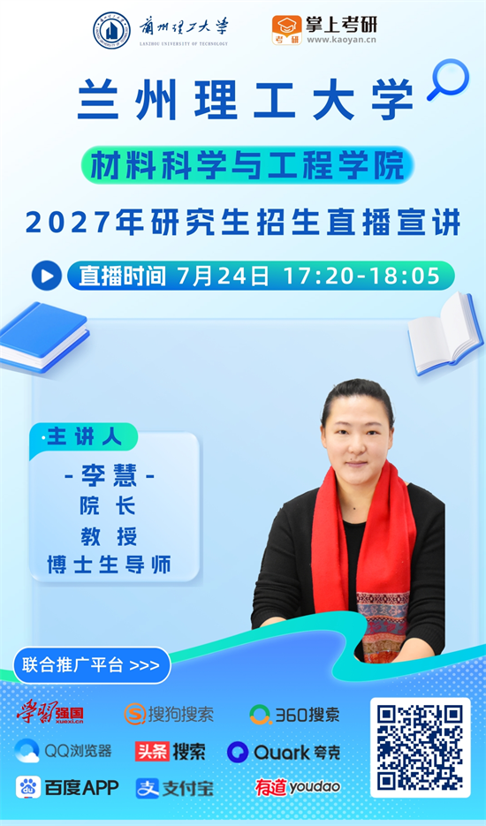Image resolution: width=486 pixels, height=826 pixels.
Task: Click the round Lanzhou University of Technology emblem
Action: coord(111,30)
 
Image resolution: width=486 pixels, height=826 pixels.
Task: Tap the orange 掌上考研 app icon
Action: coord(287,31)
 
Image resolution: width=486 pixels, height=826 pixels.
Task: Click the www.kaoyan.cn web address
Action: coord(342,40)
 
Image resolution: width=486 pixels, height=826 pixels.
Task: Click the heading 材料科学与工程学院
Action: coord(247,164)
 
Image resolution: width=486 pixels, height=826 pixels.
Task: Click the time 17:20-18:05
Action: coord(361,276)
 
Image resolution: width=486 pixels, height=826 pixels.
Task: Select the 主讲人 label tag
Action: coord(84,436)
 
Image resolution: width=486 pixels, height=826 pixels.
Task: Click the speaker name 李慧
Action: coord(109,476)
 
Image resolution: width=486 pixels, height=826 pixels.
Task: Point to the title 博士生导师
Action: coord(109,565)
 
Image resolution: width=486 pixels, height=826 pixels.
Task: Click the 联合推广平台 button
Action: coord(92,665)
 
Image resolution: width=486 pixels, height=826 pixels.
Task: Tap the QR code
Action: coord(420,747)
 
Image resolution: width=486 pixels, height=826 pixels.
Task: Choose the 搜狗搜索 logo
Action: coord(169,715)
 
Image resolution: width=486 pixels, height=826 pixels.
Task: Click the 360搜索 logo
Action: coord(294,715)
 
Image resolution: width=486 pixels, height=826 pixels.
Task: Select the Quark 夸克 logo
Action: coord(283,752)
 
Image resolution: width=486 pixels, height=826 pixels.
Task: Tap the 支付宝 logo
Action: coord(174,788)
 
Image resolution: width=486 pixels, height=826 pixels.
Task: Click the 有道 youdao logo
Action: coord(298,787)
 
